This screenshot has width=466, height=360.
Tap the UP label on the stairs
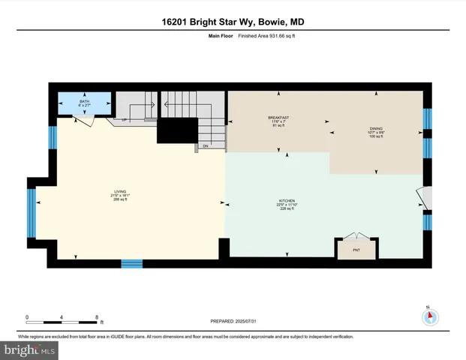coord(122,120)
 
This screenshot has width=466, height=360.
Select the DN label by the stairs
coord(206,145)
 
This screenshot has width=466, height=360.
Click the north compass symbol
coord(430,317)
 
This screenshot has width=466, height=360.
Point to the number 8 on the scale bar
coord(97,317)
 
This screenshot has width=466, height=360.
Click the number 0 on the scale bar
coord(27,317)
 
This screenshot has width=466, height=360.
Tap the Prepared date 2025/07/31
coord(233,322)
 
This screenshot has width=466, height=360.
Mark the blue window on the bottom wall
coord(132,263)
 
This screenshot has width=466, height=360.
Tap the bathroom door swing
coord(89,119)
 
